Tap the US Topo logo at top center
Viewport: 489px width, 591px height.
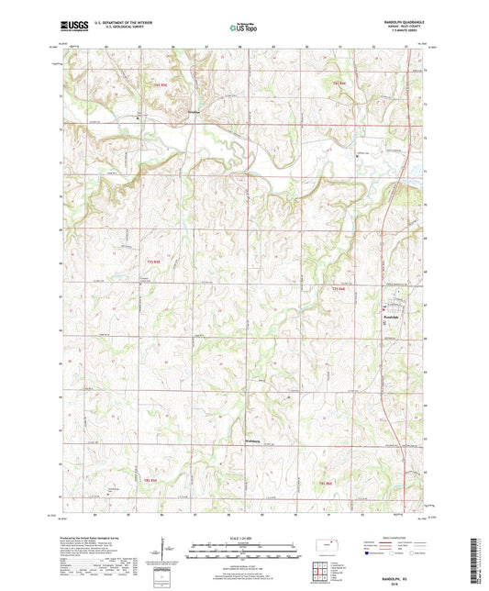click(243, 28)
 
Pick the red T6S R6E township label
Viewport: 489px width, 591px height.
click(339, 84)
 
